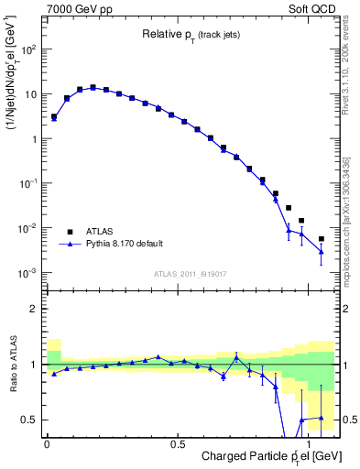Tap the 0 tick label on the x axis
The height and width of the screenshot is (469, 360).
pyautogui.click(x=47, y=444)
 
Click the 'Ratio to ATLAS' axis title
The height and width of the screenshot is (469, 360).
pyautogui.click(x=12, y=364)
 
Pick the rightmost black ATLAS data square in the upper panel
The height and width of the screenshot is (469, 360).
pyautogui.click(x=321, y=239)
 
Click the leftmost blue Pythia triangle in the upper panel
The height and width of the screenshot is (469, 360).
pyautogui.click(x=54, y=118)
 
